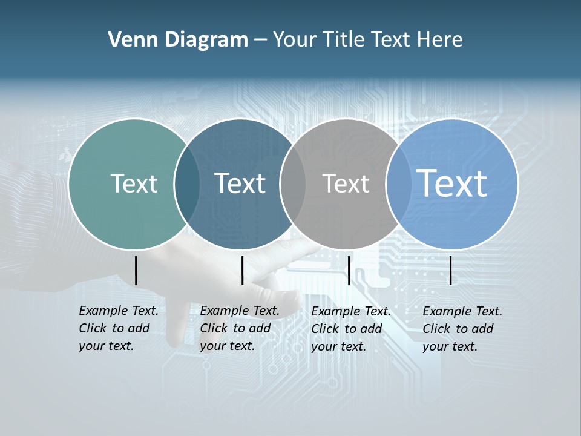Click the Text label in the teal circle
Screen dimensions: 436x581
click(134, 183)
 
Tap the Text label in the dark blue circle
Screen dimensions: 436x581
click(240, 183)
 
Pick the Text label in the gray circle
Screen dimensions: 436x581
click(346, 183)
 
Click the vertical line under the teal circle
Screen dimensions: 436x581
click(136, 270)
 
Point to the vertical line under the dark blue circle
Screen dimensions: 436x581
click(242, 270)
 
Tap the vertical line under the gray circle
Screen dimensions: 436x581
click(349, 270)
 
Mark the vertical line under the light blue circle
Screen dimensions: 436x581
click(451, 270)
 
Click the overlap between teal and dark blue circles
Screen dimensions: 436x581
click(187, 183)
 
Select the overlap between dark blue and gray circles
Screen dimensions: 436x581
click(293, 183)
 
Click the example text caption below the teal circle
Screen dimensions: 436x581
click(119, 328)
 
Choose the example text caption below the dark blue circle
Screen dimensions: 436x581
click(240, 328)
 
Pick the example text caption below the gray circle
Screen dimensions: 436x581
click(351, 329)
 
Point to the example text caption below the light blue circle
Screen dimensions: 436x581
click(462, 329)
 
